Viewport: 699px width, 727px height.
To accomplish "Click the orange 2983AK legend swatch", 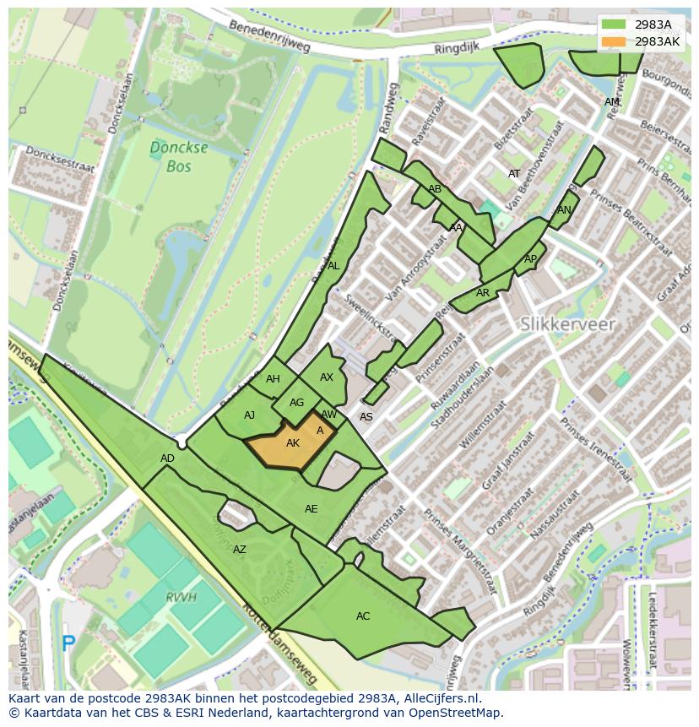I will pos(614,41).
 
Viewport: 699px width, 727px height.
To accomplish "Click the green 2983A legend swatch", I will pos(614,24).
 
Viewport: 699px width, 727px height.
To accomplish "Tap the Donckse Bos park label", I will pos(178,157).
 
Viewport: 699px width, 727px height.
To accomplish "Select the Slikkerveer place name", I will pos(567,323).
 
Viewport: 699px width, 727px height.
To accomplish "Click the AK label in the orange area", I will pos(293,443).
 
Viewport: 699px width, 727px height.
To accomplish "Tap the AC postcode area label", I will pos(363,616).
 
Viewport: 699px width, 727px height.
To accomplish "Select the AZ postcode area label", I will pos(240,550).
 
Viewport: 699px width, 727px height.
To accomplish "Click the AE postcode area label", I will pos(312,509).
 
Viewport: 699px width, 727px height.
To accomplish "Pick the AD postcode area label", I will pos(167,458).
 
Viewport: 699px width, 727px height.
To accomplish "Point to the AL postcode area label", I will pos(333,266).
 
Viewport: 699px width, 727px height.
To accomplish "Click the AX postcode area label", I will pos(327,377).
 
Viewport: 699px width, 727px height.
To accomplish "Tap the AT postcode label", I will pos(514,174).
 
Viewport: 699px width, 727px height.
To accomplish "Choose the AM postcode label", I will pos(612,102).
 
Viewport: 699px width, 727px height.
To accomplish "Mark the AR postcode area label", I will pos(483,293).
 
